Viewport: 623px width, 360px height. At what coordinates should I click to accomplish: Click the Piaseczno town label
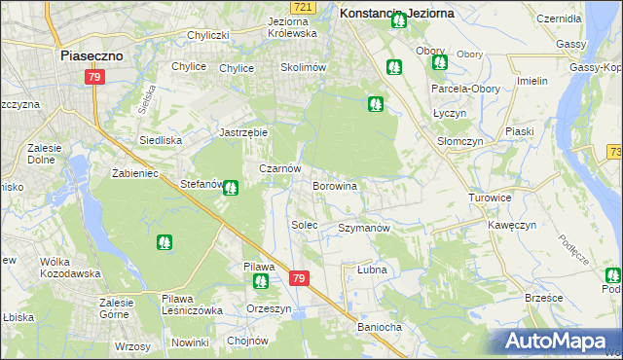92,56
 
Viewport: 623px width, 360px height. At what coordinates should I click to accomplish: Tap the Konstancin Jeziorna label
396,14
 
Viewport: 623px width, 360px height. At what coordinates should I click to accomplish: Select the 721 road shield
304,7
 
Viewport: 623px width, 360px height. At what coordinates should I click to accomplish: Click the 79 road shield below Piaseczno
94,77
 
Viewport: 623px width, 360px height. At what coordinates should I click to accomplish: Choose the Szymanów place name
363,228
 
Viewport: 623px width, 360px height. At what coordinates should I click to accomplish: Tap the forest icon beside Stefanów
231,188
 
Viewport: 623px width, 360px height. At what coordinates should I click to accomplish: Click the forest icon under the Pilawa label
261,282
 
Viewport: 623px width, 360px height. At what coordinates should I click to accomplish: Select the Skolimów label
303,67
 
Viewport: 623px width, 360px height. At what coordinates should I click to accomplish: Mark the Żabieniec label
122,172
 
